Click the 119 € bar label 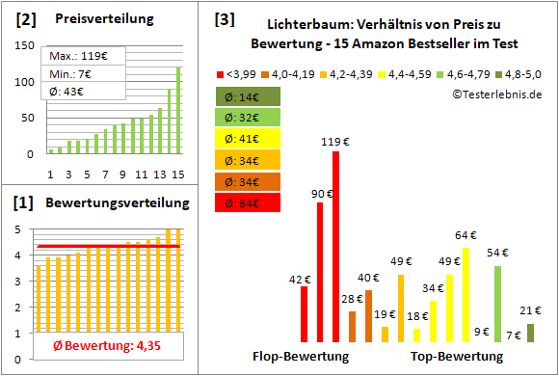[x=334, y=141]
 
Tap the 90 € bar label [x=320, y=194]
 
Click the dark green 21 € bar [x=530, y=333]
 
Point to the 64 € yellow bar [x=466, y=295]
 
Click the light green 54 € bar [x=497, y=304]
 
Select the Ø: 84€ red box [x=249, y=203]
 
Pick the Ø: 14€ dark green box [x=249, y=97]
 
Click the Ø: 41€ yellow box [x=249, y=140]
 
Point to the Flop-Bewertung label [x=300, y=356]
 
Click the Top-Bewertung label [x=457, y=356]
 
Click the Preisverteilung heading [x=95, y=19]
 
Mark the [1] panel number [x=25, y=203]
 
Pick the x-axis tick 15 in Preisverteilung [x=177, y=175]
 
